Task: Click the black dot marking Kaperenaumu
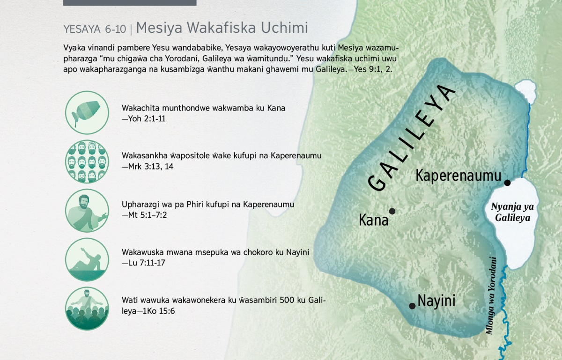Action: (507, 183)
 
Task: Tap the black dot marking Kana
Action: (392, 211)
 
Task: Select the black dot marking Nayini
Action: (412, 306)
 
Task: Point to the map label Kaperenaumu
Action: (458, 176)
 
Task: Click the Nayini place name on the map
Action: (436, 301)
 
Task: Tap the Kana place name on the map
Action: (374, 220)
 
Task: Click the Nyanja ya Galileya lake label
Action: (512, 212)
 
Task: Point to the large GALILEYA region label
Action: (412, 138)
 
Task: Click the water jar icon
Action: (87, 113)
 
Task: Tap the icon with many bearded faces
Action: (87, 162)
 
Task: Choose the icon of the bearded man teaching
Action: (87, 211)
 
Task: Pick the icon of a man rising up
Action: (87, 259)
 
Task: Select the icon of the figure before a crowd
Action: (87, 309)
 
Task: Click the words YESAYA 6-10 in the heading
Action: (95, 29)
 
